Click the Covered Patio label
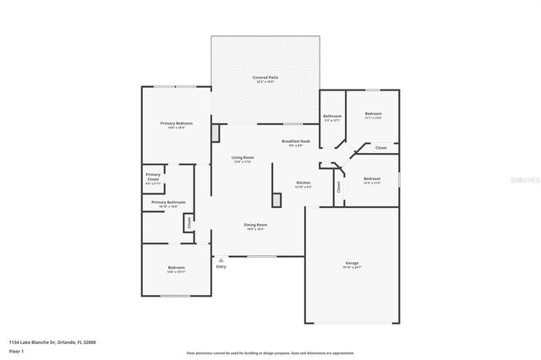coord(265,78)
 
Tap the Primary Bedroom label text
coord(172,123)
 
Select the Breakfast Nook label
coord(296,141)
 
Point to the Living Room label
coord(243,157)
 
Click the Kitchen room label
coord(303,183)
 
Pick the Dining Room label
coord(254,225)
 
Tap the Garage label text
coord(352,263)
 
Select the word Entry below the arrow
coord(221,267)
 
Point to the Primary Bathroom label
coord(168,202)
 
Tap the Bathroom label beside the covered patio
coord(332,116)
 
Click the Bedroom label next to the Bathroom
coord(373,113)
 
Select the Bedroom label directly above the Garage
coord(372,178)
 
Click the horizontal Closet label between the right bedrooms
coord(381,148)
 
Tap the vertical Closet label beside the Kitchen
coord(339,188)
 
